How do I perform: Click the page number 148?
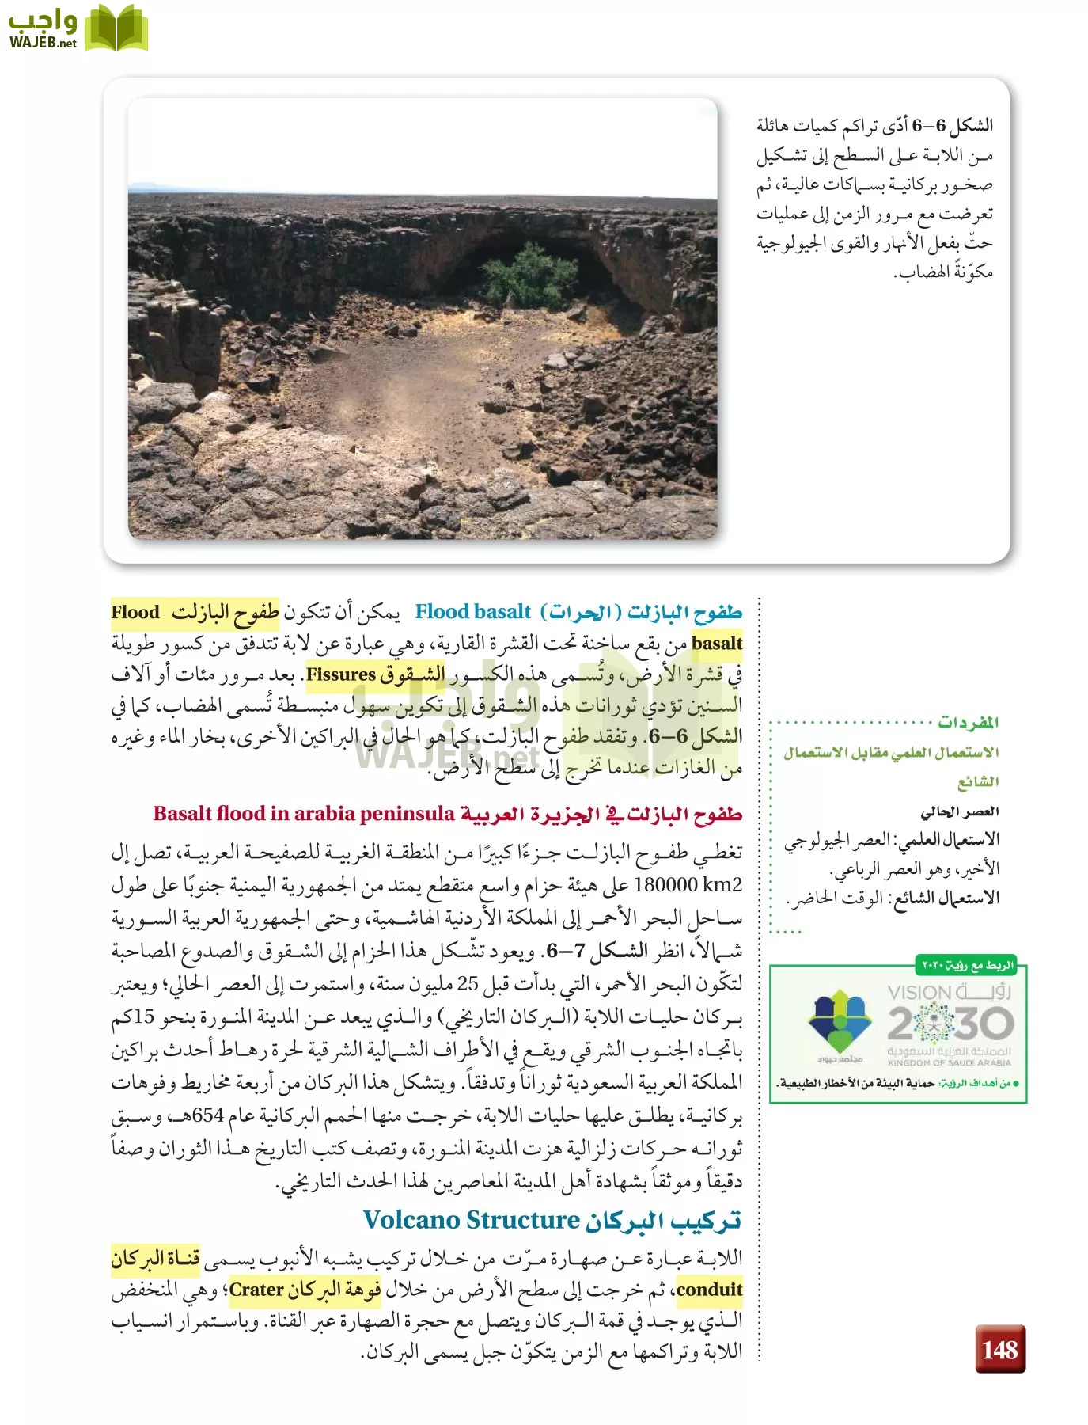999,1349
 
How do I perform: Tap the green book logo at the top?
116,28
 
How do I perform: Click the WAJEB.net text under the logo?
43,43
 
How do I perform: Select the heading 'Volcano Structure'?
472,1220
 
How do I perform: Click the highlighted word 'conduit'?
709,1290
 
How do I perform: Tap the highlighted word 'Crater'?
256,1290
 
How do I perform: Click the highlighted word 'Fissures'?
340,674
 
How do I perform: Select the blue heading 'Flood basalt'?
472,612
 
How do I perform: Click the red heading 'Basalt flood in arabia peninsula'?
304,814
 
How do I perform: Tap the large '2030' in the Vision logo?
950,1024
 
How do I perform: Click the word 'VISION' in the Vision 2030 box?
919,993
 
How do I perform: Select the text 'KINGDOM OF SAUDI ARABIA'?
949,1063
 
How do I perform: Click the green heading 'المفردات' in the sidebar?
968,722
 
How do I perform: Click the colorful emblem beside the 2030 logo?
839,1021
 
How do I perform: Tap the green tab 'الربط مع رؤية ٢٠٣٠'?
966,965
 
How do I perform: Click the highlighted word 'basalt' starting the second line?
717,643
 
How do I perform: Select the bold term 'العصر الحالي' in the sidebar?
959,811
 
